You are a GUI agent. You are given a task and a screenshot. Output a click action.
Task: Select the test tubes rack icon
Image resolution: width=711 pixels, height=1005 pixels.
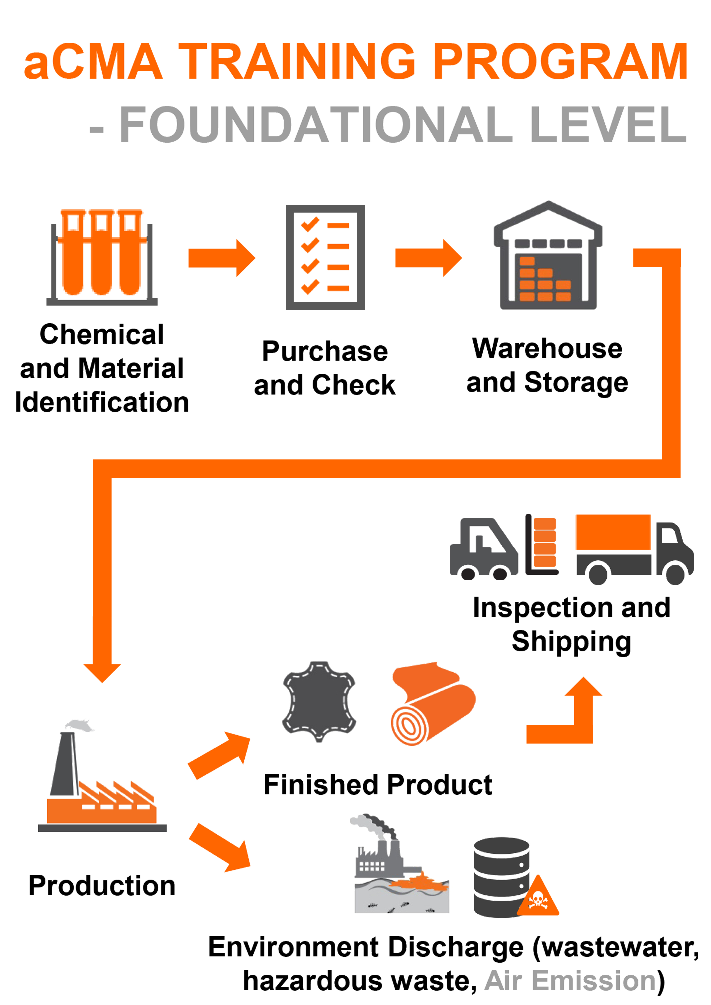(102, 257)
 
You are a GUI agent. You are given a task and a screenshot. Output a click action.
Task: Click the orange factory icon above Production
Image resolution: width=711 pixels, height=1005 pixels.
(102, 783)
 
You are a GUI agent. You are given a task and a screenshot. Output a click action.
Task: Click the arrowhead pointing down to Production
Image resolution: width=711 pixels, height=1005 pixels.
(102, 672)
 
